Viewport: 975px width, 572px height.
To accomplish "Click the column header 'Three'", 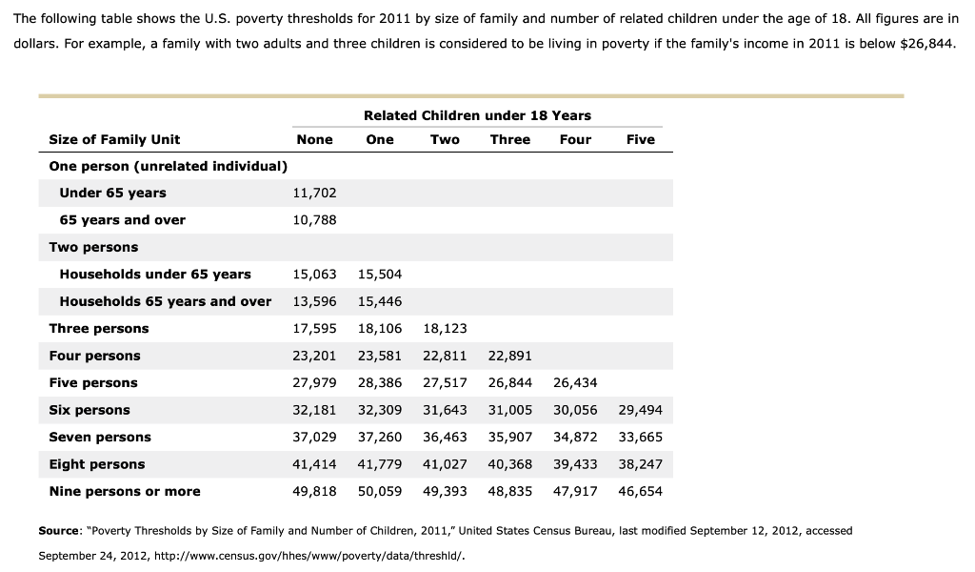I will click(x=509, y=139).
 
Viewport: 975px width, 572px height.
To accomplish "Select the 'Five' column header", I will click(x=640, y=139).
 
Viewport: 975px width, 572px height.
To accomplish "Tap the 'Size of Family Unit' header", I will click(x=114, y=139).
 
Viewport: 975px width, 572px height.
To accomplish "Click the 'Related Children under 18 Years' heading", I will click(x=477, y=115).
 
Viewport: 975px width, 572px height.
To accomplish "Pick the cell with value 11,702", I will click(x=313, y=193).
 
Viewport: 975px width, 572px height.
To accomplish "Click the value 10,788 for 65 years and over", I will click(x=313, y=220).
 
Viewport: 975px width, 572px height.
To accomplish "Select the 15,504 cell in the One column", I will click(x=379, y=275).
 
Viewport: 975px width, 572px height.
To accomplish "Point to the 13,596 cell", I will click(x=313, y=301).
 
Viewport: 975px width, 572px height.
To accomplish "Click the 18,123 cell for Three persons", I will click(x=444, y=329).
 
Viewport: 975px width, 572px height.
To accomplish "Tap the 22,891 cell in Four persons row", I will click(x=509, y=356).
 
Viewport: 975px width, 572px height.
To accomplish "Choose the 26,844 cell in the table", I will click(x=509, y=383).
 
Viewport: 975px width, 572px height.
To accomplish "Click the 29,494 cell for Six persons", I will click(x=640, y=410).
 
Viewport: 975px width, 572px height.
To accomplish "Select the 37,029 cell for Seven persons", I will click(x=313, y=438).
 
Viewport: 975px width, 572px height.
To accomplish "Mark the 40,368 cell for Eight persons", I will click(x=509, y=464).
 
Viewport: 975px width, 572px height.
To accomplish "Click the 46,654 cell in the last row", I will click(x=640, y=492).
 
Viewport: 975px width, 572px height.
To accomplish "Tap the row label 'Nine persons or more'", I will click(x=125, y=492).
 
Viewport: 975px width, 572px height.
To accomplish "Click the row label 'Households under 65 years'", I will click(x=155, y=275).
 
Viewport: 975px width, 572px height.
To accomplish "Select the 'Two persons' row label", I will click(x=93, y=247).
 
